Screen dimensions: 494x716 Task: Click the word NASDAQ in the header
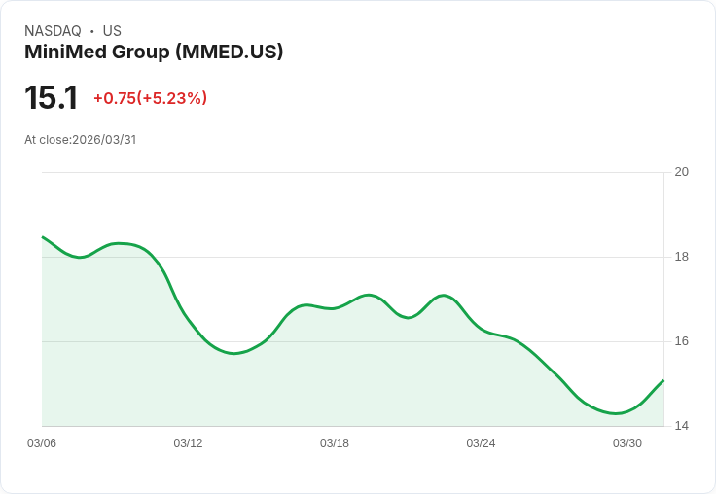point(53,31)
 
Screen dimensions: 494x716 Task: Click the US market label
point(112,31)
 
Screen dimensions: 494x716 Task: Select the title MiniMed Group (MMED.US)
point(154,53)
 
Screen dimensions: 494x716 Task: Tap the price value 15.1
point(51,98)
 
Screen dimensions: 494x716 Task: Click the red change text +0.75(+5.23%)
point(150,98)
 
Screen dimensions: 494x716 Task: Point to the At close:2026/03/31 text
point(81,140)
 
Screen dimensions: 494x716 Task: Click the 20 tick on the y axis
point(682,172)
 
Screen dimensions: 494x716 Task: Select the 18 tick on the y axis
point(682,257)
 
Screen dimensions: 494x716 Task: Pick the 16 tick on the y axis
point(682,341)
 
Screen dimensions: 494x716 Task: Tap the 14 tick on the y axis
point(682,426)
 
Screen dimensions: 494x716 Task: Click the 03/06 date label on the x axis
point(42,443)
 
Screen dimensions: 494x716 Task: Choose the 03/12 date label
point(188,443)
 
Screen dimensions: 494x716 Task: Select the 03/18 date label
point(335,443)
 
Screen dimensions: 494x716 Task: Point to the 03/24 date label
point(481,443)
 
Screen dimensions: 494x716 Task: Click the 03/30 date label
point(627,443)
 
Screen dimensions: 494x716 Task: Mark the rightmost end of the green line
point(663,380)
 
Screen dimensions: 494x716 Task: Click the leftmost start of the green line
point(43,237)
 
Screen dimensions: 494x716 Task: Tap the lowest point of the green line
point(616,413)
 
